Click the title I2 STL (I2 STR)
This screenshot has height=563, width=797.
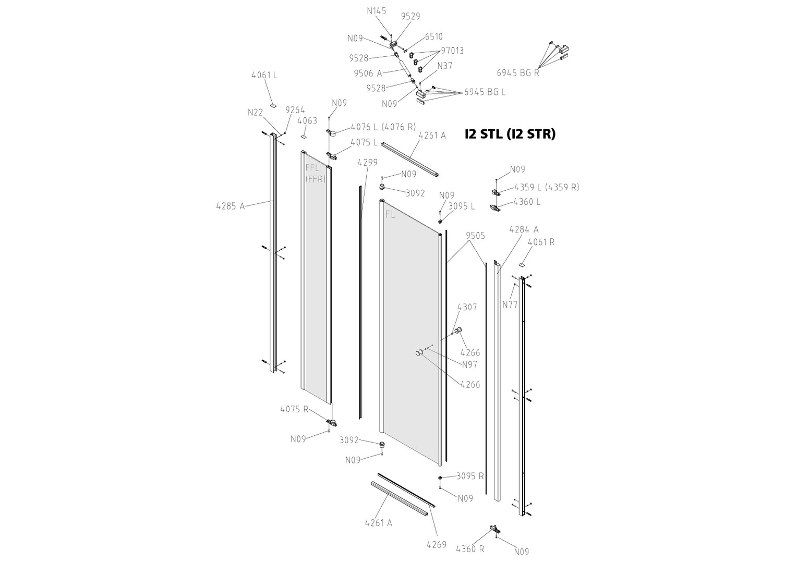point(510,134)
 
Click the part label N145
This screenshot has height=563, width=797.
point(377,10)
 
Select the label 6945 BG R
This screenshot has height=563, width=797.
point(517,73)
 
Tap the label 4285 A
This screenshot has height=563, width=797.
point(230,206)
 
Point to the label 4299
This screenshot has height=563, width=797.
point(367,162)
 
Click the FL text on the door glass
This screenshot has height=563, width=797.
point(391,214)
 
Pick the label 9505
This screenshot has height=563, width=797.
point(475,236)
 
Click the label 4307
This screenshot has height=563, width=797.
point(467,307)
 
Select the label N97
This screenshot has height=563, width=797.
point(469,364)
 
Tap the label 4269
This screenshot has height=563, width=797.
point(436,545)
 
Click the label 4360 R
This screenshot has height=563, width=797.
point(469,549)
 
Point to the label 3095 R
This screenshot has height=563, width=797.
point(470,476)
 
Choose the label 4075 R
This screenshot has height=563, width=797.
point(294,409)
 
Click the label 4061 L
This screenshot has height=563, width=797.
point(264,75)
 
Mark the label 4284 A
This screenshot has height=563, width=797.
point(523,229)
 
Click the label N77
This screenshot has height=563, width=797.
point(510,304)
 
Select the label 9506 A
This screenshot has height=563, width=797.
point(367,73)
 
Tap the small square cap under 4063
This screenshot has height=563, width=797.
point(303,138)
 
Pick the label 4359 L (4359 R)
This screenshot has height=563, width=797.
point(546,187)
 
